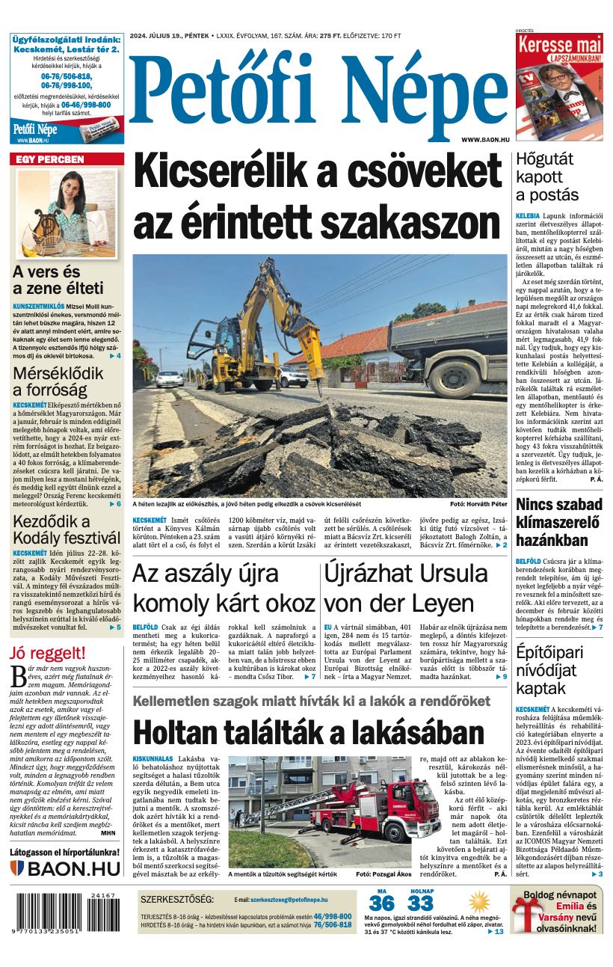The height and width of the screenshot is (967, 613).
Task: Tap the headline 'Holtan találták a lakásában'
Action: (309, 732)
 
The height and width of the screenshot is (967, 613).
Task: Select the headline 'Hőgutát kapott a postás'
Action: (547, 176)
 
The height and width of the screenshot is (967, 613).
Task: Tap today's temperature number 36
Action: (381, 903)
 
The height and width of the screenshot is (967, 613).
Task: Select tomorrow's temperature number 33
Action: (421, 903)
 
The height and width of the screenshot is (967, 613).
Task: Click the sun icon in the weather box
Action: (478, 900)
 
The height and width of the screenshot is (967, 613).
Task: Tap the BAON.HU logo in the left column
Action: (66, 868)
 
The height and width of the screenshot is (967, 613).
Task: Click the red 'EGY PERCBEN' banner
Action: (67, 159)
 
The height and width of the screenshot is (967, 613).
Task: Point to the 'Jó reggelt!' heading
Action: (47, 653)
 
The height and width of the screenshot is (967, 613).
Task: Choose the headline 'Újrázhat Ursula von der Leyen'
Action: (406, 588)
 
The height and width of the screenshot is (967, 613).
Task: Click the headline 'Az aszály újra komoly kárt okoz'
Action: (224, 588)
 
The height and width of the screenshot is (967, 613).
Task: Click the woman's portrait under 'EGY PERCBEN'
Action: (67, 213)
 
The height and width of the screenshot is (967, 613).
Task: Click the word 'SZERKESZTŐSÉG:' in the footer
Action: (177, 899)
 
